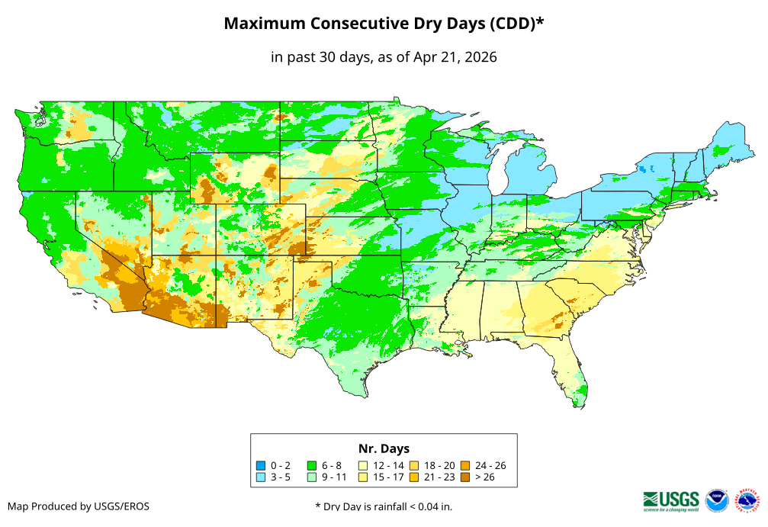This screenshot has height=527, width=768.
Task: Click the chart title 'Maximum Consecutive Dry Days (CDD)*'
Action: coord(384,24)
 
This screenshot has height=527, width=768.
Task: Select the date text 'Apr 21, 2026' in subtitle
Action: coord(455,57)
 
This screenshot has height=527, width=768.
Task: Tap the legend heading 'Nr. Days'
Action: coord(384,448)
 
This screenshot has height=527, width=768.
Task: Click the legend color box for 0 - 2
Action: coord(261,465)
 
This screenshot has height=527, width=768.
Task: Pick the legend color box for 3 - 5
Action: coord(261,477)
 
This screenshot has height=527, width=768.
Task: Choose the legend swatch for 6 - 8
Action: coord(312,465)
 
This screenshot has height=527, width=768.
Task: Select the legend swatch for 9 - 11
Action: coord(312,477)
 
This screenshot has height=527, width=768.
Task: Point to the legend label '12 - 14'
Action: coord(389,465)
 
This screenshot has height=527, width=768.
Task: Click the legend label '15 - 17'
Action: coord(389,477)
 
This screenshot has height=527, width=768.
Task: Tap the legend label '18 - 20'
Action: coord(440,465)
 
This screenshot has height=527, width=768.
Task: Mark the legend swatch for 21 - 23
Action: coord(414,477)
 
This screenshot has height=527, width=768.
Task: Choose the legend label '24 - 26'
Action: coord(490,465)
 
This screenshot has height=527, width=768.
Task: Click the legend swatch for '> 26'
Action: coord(465,477)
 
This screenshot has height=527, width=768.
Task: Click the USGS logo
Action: coord(671,500)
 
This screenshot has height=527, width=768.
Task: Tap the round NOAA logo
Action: coord(717,500)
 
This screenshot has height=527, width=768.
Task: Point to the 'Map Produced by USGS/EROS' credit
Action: coord(79,506)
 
